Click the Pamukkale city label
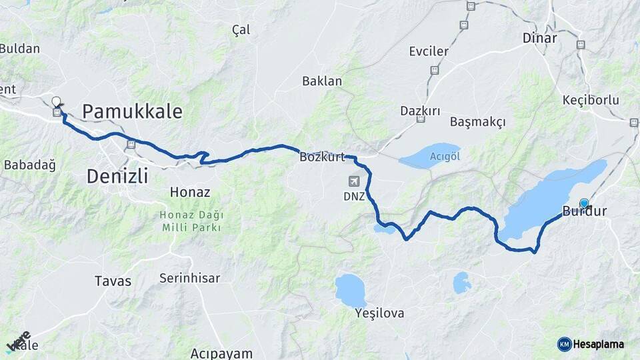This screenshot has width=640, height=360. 132,111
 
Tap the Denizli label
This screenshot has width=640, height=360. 117,176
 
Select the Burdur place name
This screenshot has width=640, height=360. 585,212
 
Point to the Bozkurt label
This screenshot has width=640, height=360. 322,157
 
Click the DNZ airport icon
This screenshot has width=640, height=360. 353,181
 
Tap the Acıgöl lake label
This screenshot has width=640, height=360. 445,156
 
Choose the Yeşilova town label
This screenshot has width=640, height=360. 380,313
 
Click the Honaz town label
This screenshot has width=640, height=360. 190,192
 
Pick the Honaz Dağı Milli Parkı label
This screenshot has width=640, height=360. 192,221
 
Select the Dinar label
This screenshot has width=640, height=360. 539,38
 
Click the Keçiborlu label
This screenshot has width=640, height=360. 591,100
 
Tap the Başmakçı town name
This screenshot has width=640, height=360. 477,122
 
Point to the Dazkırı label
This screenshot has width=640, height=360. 420,111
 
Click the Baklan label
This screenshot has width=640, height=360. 322,81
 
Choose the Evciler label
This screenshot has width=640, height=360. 429,51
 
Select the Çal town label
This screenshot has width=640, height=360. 241,29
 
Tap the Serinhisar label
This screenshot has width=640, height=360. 189,279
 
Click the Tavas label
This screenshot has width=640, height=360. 113,280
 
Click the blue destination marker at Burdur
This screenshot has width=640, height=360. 584,203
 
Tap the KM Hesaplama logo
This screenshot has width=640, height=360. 591,344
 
